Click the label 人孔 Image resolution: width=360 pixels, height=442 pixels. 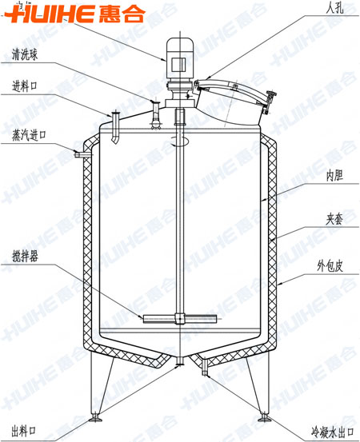[334, 8]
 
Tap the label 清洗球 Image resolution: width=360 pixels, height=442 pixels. [25, 54]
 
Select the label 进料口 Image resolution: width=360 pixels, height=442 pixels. [25, 86]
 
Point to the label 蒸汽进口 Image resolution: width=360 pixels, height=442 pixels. [29, 135]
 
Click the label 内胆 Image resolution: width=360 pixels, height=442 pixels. [334, 176]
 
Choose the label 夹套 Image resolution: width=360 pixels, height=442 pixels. [334, 219]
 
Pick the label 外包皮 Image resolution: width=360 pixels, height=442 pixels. [330, 266]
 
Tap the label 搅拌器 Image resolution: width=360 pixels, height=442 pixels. [25, 257]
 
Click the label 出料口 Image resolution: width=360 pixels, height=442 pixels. [24, 431]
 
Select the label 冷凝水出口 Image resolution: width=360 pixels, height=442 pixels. [333, 432]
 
